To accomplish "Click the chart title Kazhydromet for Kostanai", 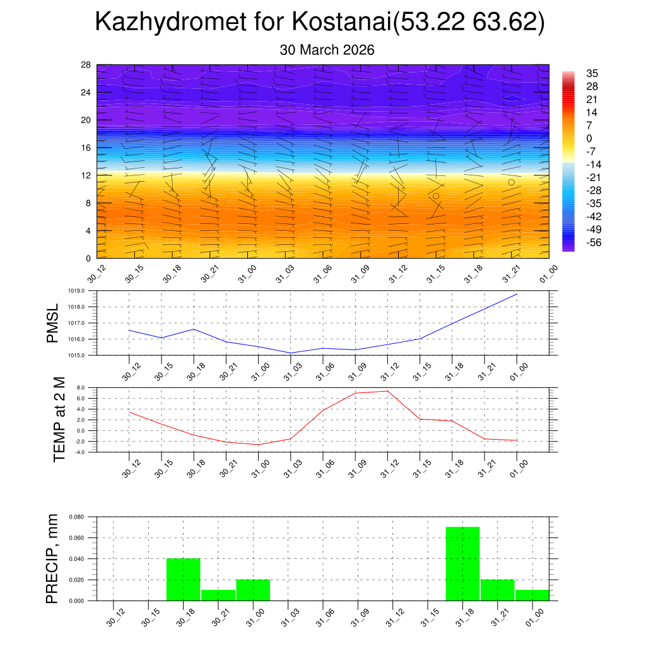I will click(319, 23).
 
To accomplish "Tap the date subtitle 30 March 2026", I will click(327, 50).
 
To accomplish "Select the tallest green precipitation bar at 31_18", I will click(462, 563).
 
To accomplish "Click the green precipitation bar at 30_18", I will click(183, 579).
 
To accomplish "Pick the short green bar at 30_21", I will click(218, 595).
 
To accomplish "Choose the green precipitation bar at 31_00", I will click(253, 590).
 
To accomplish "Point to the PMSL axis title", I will click(52, 323).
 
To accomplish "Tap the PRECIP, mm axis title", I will click(52, 558).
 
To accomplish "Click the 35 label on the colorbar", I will click(592, 73).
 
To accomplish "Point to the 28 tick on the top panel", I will click(86, 65).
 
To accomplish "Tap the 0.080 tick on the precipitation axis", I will click(77, 517).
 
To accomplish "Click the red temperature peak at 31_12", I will click(387, 391).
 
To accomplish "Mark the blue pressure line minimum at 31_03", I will click(290, 353).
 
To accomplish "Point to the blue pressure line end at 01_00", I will click(517, 294).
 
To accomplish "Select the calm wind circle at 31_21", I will click(511, 182).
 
